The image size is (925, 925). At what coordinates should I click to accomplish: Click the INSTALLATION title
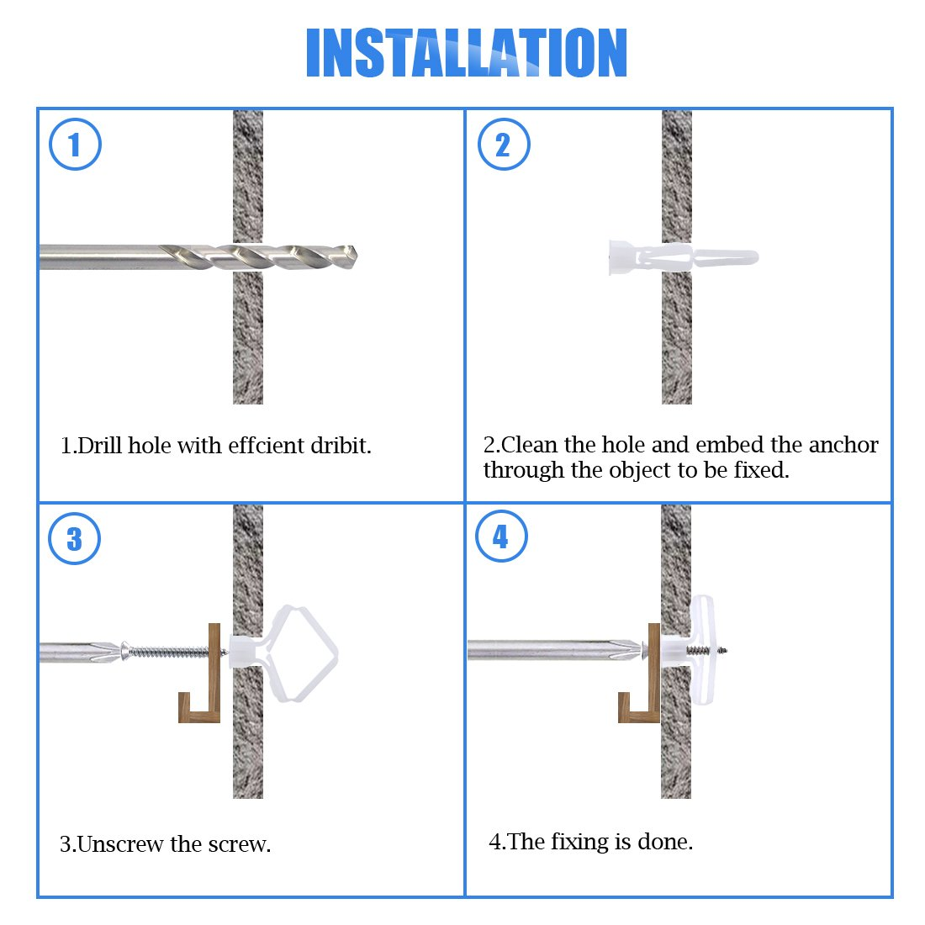click(x=466, y=52)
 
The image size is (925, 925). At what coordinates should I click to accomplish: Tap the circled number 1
click(x=75, y=145)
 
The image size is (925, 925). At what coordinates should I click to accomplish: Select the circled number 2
click(x=504, y=145)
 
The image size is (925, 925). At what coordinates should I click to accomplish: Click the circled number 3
click(x=74, y=538)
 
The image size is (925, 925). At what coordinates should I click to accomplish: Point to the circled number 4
click(x=501, y=536)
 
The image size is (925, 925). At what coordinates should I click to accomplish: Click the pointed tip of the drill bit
click(x=357, y=256)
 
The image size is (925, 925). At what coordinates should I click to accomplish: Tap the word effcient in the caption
click(x=267, y=446)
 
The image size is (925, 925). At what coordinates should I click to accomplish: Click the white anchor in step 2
click(x=683, y=258)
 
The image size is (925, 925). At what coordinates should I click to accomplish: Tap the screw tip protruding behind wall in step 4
click(x=723, y=651)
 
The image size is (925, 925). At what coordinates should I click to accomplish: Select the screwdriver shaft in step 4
click(x=554, y=651)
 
